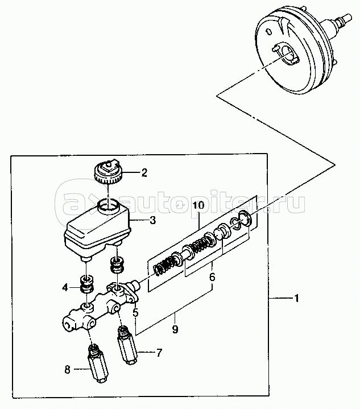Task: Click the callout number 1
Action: (296, 298)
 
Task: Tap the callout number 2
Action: (144, 172)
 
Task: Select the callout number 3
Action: (152, 220)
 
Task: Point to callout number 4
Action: (65, 288)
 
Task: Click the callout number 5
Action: (135, 312)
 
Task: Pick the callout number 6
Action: (212, 277)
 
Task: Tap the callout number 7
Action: (159, 353)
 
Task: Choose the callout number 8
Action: (67, 369)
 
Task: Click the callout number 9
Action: (175, 329)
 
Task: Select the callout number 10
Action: (199, 205)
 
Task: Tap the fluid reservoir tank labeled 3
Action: (97, 230)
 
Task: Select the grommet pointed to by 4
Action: (86, 284)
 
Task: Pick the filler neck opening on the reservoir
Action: (107, 205)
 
